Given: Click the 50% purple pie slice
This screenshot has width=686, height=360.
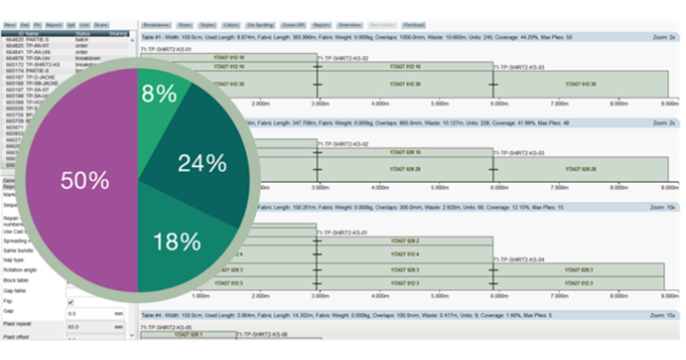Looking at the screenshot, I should click(80, 181).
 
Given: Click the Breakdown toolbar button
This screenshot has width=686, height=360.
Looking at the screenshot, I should click(156, 25).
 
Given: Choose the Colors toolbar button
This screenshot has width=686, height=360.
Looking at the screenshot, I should click(230, 25).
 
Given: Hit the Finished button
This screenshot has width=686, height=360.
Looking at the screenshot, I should click(412, 25).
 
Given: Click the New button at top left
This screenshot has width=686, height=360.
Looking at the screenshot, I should click(10, 25).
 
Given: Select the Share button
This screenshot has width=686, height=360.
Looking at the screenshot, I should click(101, 25).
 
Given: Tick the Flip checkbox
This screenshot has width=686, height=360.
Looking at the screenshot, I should click(71, 302).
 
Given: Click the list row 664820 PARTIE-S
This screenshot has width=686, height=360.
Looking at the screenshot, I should click(34, 39).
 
